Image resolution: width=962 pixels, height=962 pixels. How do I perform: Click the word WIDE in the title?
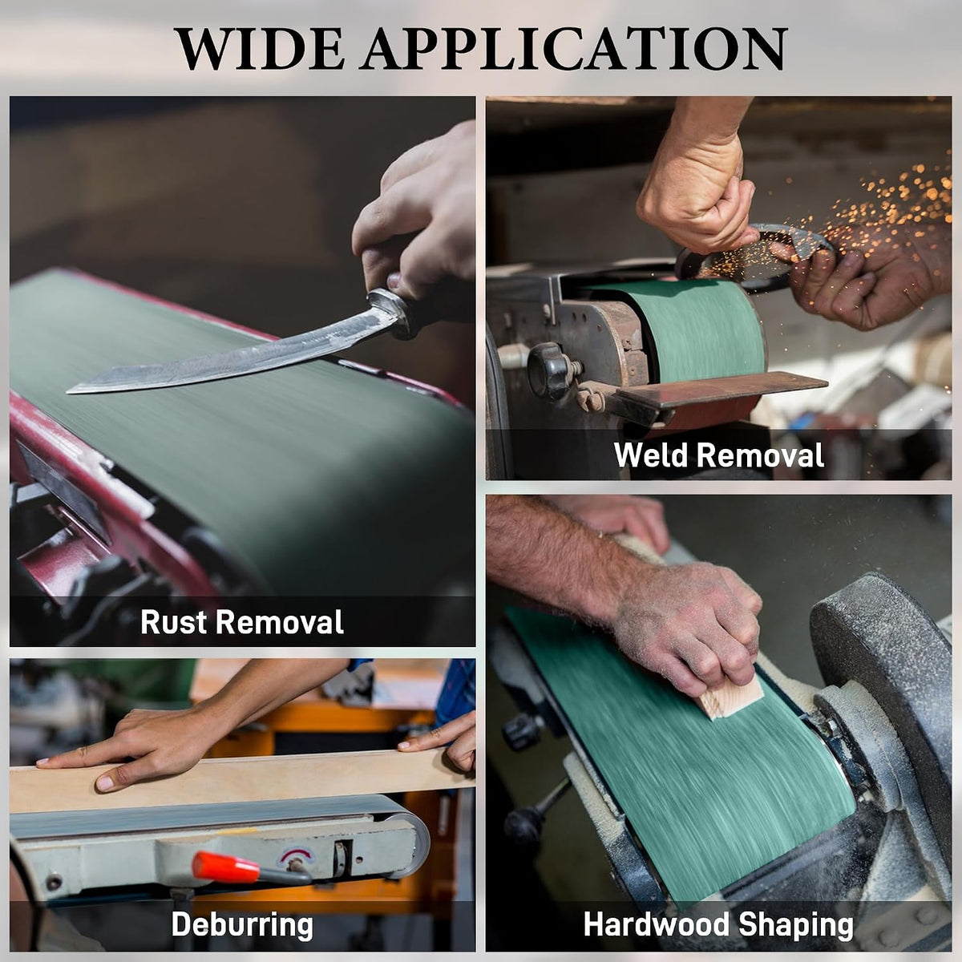coord(260,49)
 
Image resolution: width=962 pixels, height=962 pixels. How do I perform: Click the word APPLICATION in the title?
coord(575,49)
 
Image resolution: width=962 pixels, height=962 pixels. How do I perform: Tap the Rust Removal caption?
coord(242,621)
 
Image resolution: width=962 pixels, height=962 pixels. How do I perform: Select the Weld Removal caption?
coord(719,455)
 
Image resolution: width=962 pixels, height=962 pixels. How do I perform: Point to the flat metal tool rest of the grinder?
coord(719,389)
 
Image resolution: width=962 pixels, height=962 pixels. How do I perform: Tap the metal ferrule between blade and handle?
coord(387,308)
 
